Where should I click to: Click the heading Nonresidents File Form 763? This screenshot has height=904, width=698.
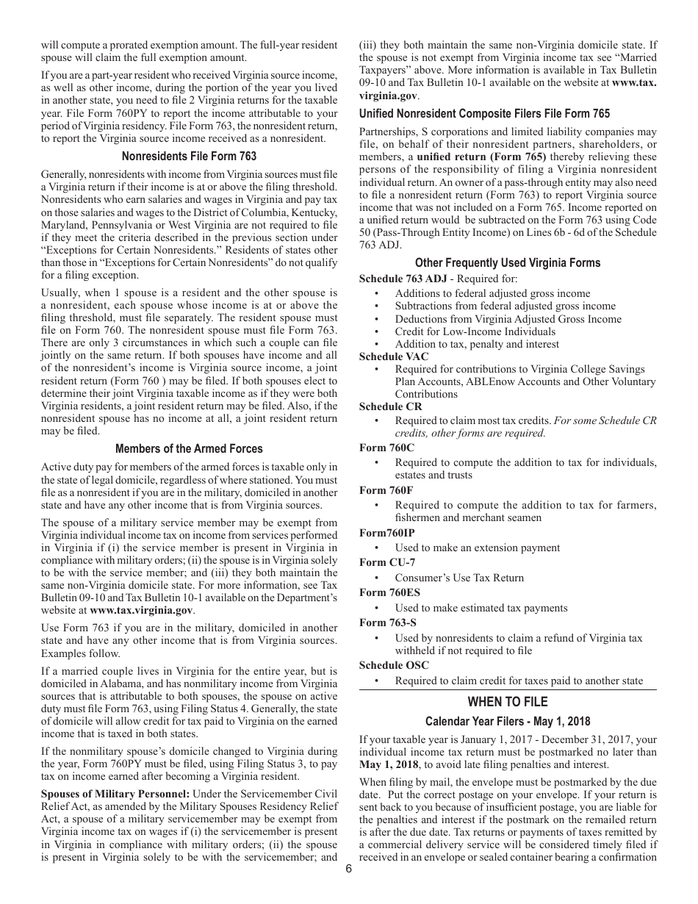189,156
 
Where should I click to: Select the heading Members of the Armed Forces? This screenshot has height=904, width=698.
189,448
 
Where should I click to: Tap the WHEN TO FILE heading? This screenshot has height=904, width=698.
508,702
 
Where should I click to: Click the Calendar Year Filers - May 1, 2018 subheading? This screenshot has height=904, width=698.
508,721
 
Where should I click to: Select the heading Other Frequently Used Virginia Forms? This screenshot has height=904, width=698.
508,262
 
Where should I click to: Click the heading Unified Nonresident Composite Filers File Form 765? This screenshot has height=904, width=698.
484,113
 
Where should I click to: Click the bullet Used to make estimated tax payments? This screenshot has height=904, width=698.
481,608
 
